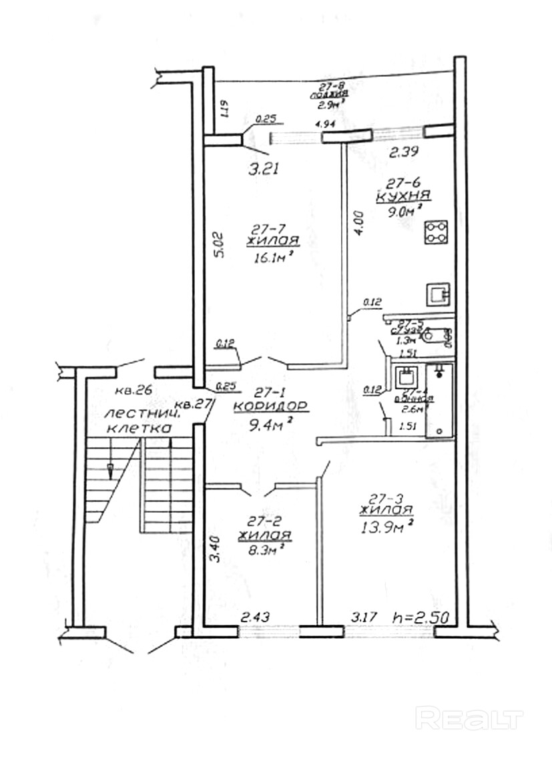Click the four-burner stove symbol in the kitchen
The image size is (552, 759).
pos(437,233)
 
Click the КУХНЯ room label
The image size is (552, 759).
pos(402,196)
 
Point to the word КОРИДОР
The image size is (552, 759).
pos(270,405)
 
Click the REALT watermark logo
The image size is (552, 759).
pos(469,719)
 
